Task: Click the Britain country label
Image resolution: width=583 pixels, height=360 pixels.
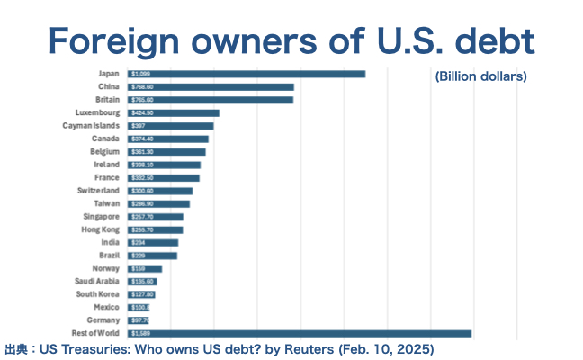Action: coord(107,99)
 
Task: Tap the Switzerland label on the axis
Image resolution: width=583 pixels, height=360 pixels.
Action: coord(98,191)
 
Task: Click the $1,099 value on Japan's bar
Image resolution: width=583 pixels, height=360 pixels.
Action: coord(140,74)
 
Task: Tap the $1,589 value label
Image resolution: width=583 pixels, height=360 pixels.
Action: coord(140,334)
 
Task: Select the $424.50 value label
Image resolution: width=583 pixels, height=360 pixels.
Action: coord(142,112)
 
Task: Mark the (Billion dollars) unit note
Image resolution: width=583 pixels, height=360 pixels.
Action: coord(480,76)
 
